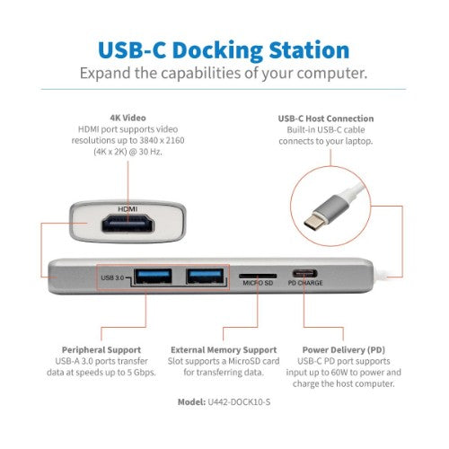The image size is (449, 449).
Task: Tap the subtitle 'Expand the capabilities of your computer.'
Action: click(224, 73)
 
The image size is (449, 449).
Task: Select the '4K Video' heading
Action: click(128, 117)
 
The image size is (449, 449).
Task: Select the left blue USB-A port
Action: click(152, 277)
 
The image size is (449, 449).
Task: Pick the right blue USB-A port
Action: click(206, 277)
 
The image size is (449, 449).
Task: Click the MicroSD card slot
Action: click(256, 271)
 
